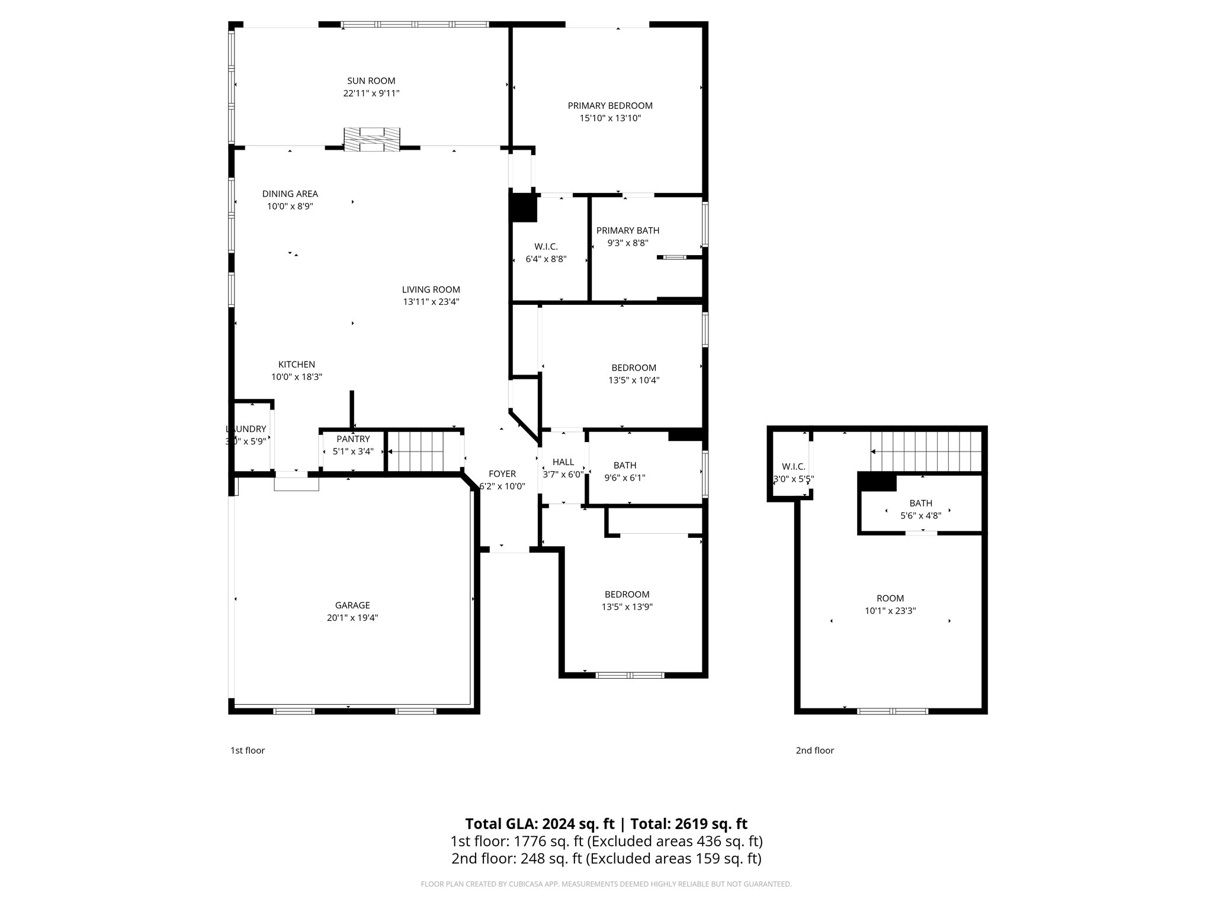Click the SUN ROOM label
coord(371,81)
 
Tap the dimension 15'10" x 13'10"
coord(610,118)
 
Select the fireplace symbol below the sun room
coord(372,140)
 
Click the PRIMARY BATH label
coord(627,231)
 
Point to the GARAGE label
coord(352,605)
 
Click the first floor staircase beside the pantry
coord(419,452)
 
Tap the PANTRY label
coord(353,439)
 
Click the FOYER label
coord(502,474)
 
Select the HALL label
coord(563,462)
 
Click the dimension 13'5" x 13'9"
coord(627,607)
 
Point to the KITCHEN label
coord(297,365)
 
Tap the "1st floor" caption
coord(248,750)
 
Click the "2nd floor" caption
coord(814,750)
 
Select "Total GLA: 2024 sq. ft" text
coord(539,824)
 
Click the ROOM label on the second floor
coord(890,598)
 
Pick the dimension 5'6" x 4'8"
coord(920,516)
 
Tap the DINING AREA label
coord(290,194)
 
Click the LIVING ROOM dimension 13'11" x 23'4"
coord(431,302)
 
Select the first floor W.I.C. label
coord(546,247)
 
